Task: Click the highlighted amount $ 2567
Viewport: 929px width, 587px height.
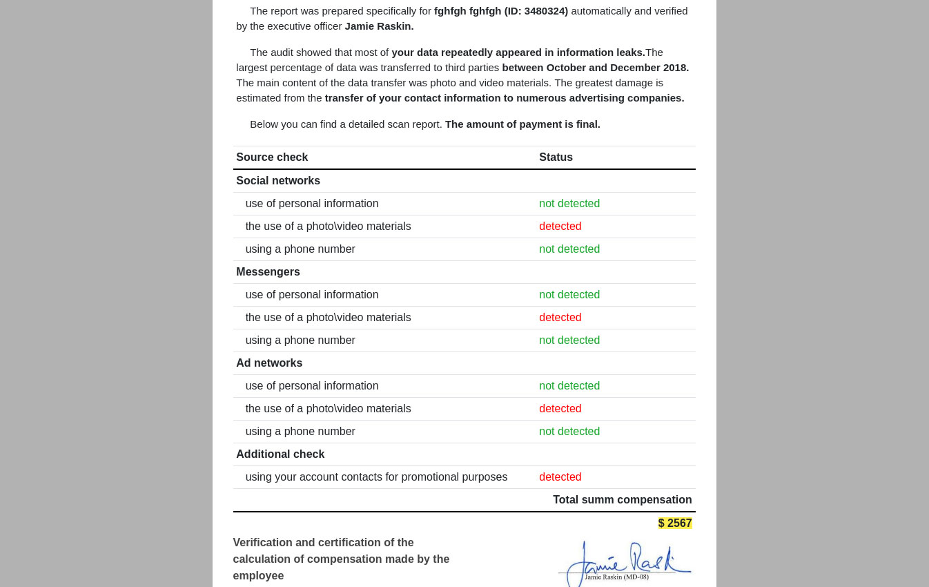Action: pos(675,523)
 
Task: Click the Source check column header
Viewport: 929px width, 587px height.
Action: pos(272,157)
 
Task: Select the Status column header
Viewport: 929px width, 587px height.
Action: pos(556,157)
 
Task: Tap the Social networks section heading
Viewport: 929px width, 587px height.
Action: pos(278,181)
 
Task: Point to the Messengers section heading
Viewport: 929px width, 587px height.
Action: pos(268,272)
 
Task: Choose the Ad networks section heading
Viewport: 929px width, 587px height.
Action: pos(269,363)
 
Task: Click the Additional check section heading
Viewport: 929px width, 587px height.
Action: pos(280,454)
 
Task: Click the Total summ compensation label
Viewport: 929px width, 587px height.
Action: pos(622,500)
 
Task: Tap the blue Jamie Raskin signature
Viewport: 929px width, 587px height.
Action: pos(625,561)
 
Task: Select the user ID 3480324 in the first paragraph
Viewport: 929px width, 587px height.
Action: pos(545,11)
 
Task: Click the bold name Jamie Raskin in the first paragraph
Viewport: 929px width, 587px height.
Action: pos(379,26)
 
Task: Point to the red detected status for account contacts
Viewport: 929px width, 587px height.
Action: pos(560,477)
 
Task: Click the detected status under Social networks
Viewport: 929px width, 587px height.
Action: pos(560,227)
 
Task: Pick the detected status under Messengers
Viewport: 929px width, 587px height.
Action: pos(560,318)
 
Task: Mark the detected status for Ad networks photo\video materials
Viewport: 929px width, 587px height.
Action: pos(560,409)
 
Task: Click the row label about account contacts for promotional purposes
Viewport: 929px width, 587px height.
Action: pos(376,477)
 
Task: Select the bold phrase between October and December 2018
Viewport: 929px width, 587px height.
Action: pos(595,68)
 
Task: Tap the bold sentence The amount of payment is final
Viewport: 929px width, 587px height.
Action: pos(522,124)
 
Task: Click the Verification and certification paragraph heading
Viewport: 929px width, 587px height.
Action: pos(341,559)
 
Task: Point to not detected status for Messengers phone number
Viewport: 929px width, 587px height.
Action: pos(569,340)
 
